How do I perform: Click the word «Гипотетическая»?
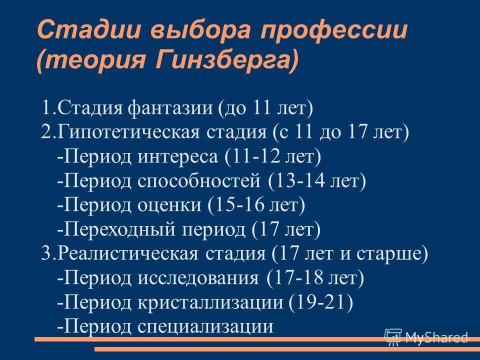[129, 132]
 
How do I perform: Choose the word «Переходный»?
[120, 229]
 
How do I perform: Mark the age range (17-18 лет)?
[315, 278]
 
